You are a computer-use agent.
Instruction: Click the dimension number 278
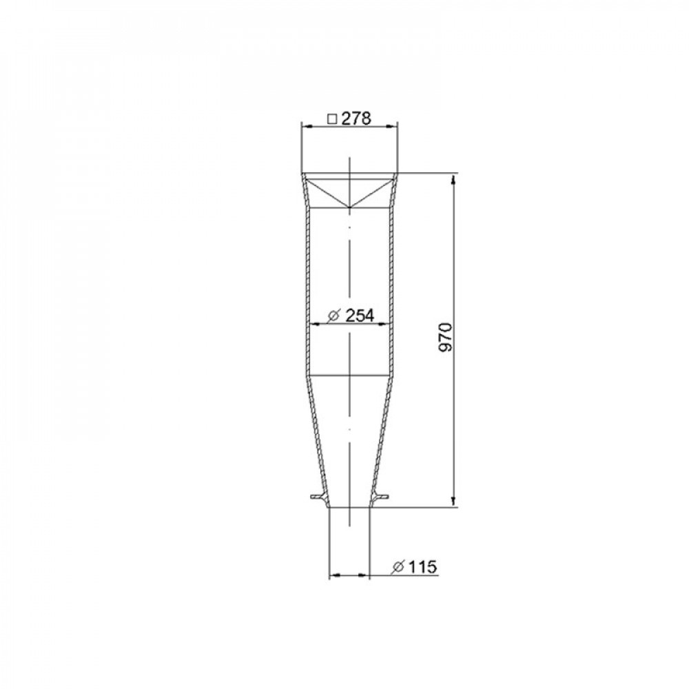(x=356, y=119)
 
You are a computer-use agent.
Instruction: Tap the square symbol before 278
(x=333, y=119)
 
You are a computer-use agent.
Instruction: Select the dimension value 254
(x=360, y=316)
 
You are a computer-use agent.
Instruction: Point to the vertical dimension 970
(x=446, y=337)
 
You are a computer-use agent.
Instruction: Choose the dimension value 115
(x=423, y=567)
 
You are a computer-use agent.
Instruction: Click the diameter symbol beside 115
(x=398, y=567)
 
